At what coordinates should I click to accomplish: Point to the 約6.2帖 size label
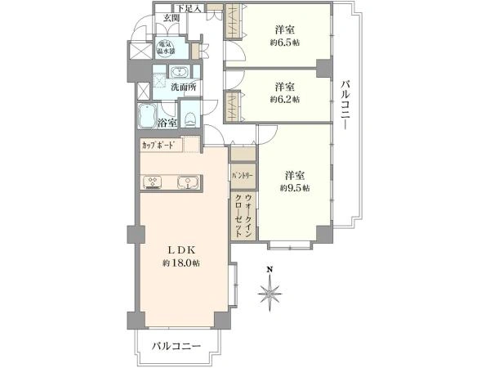(x=284, y=99)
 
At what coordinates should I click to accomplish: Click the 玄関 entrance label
(x=171, y=18)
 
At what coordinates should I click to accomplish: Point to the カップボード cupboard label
(x=158, y=146)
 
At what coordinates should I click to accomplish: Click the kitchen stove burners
(x=152, y=182)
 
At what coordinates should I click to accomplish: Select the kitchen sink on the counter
(x=187, y=182)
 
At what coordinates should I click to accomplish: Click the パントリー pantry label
(x=243, y=175)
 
